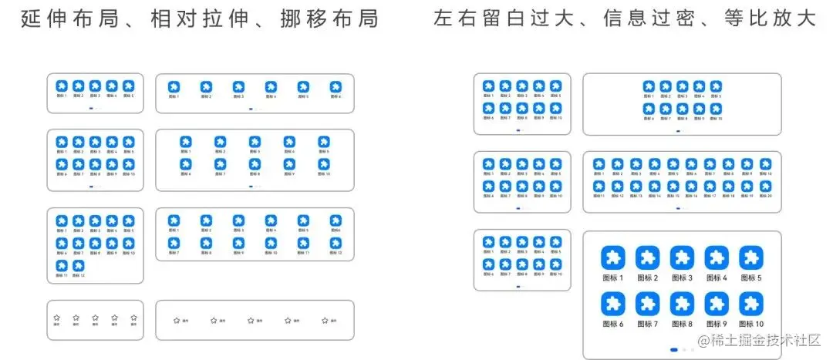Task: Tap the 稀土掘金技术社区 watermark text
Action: pyautogui.click(x=764, y=340)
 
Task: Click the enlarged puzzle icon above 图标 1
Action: pyautogui.click(x=612, y=257)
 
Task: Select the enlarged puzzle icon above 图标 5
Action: pyautogui.click(x=750, y=257)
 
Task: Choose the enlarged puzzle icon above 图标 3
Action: pyautogui.click(x=682, y=257)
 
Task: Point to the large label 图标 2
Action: pyautogui.click(x=647, y=278)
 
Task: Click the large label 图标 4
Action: pyautogui.click(x=717, y=278)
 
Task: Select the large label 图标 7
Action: pyautogui.click(x=647, y=325)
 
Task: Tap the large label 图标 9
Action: pyautogui.click(x=717, y=325)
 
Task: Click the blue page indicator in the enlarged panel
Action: pyautogui.click(x=674, y=350)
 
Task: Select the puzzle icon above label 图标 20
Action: pyautogui.click(x=765, y=187)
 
